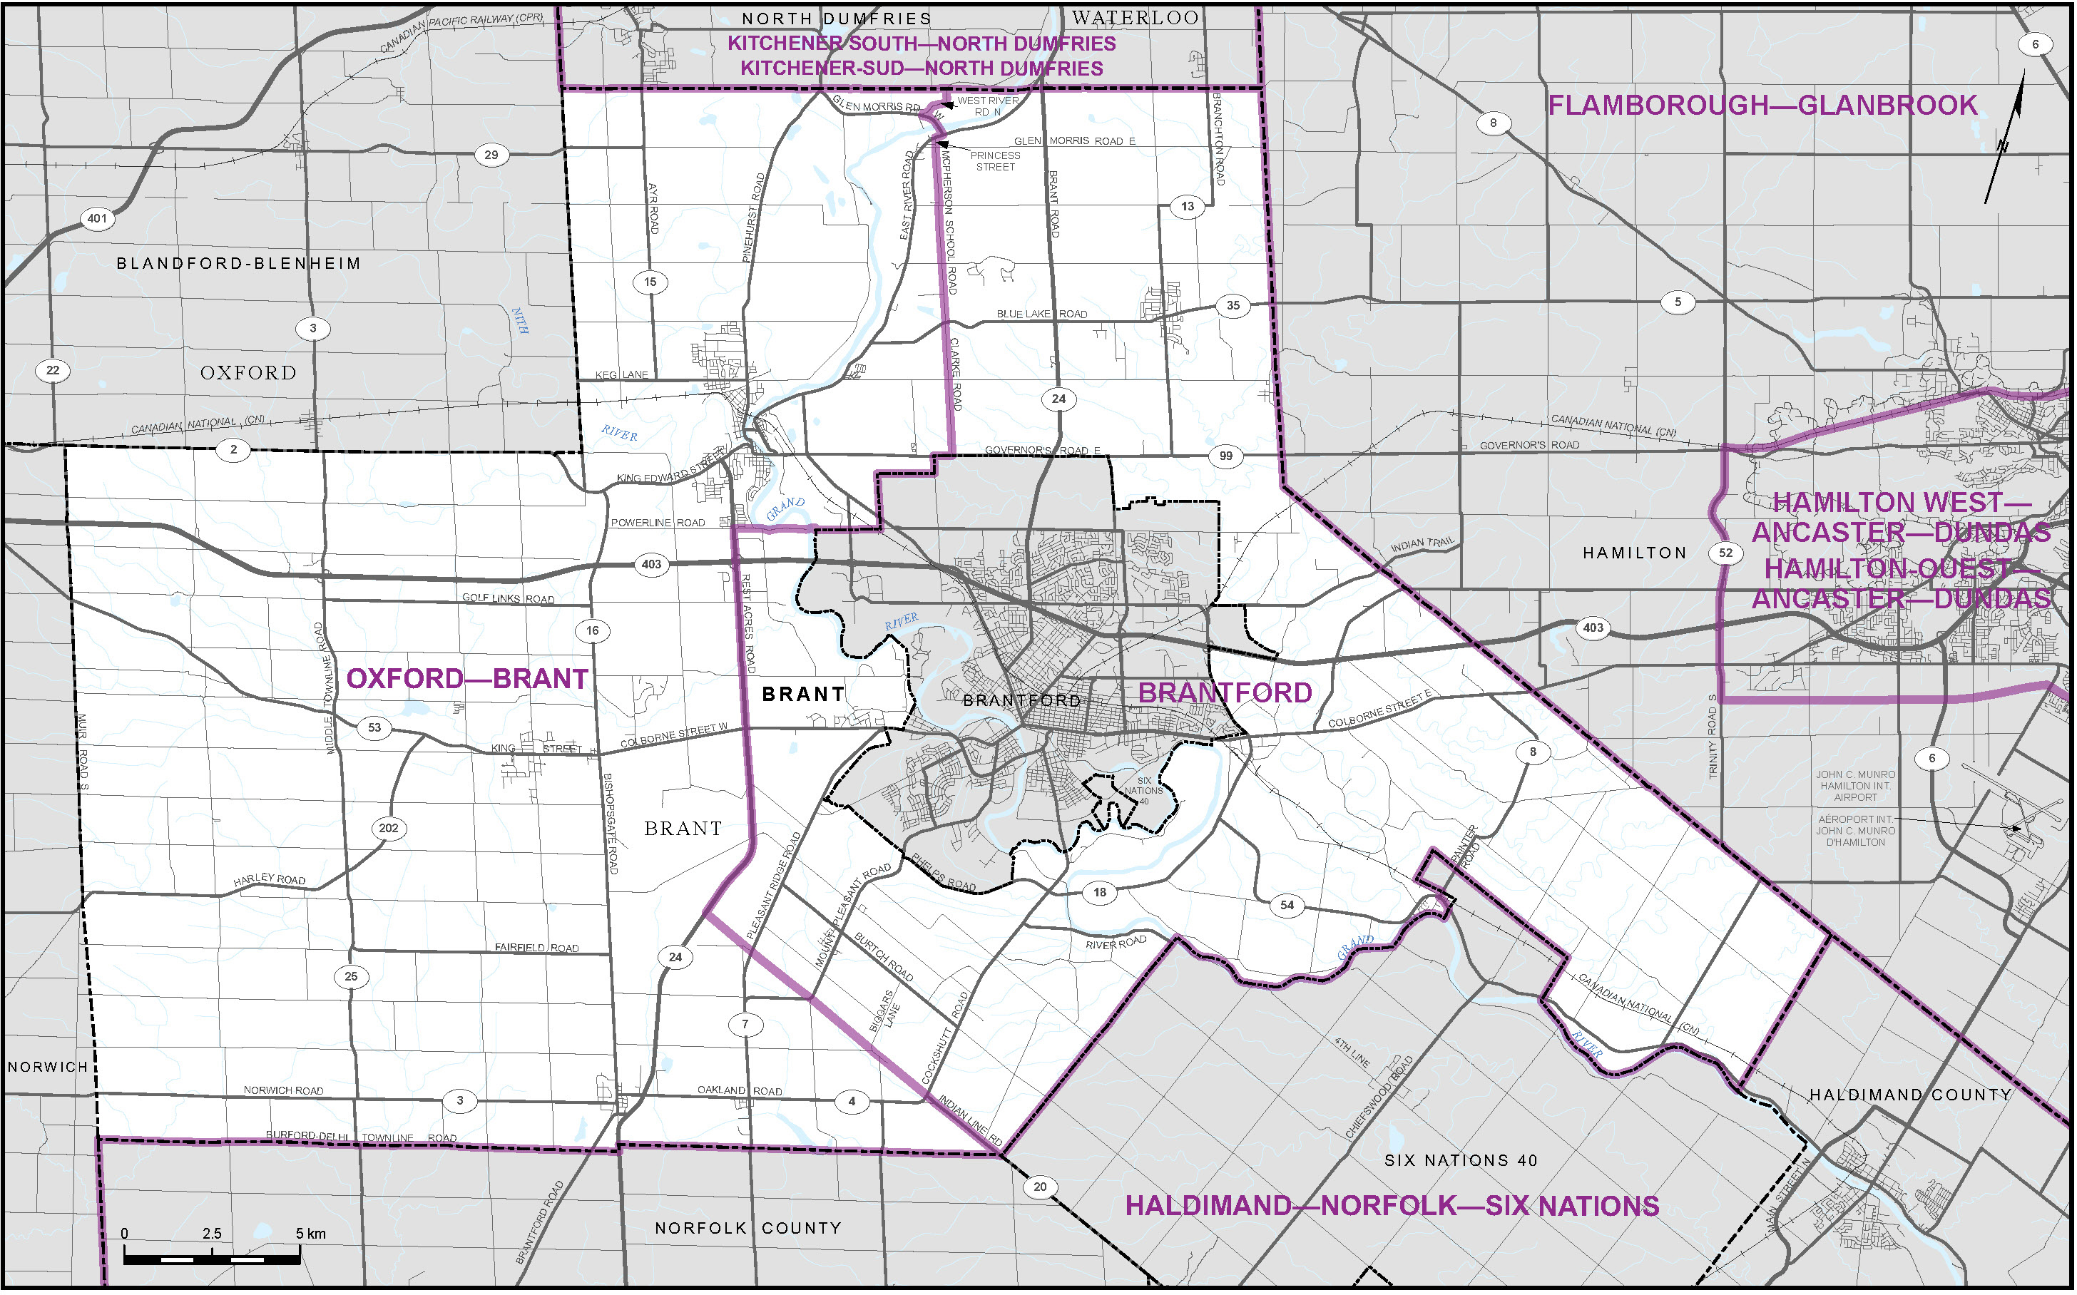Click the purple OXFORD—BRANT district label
(x=466, y=678)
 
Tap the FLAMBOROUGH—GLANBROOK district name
(x=1762, y=106)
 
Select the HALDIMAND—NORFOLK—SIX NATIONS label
(x=1392, y=1206)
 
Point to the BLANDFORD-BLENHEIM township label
(x=238, y=263)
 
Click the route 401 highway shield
(x=98, y=218)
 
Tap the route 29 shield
(x=491, y=155)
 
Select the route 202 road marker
(x=388, y=828)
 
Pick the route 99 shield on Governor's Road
(x=1225, y=456)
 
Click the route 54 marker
(x=1287, y=906)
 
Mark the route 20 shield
(x=1040, y=1187)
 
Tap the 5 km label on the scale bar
(x=310, y=1234)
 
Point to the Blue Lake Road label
(x=1041, y=314)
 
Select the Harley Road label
(x=269, y=879)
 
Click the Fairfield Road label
(x=536, y=947)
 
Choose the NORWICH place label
(x=48, y=1068)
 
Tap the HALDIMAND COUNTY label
(x=1910, y=1095)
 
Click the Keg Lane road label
(x=622, y=375)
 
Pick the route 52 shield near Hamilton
(x=1725, y=553)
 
